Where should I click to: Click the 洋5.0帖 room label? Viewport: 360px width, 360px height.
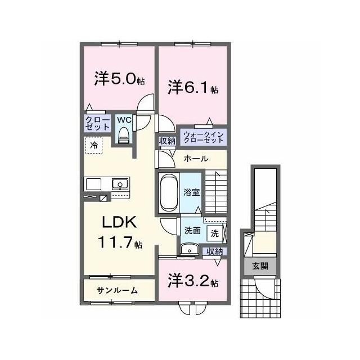[x=119, y=79]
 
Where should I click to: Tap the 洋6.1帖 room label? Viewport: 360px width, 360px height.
[x=193, y=87]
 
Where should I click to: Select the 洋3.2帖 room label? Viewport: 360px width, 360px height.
[x=193, y=281]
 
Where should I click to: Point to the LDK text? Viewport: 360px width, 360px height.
[x=119, y=222]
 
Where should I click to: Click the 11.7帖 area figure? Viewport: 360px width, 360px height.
[x=120, y=242]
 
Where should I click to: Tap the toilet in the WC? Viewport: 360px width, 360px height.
[x=124, y=136]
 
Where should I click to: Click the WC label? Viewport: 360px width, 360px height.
[x=124, y=120]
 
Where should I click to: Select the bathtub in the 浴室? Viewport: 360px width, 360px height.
[x=169, y=192]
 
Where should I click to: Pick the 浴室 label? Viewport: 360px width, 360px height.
[x=191, y=192]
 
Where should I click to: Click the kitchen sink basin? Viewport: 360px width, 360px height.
[x=120, y=184]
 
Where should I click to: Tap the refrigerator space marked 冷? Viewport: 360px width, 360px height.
[x=94, y=145]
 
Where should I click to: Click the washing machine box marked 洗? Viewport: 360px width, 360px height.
[x=215, y=233]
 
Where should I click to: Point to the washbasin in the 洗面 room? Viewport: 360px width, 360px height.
[x=189, y=250]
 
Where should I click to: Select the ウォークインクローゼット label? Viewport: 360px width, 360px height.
[x=204, y=137]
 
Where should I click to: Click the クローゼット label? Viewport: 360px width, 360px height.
[x=97, y=124]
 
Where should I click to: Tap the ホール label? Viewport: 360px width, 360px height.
[x=196, y=159]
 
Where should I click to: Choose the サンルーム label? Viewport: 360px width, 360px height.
[x=117, y=291]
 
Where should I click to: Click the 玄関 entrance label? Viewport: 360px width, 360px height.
[x=260, y=266]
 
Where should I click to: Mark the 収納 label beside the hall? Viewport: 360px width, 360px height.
[x=168, y=141]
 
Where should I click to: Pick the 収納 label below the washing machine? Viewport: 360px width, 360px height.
[x=215, y=251]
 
